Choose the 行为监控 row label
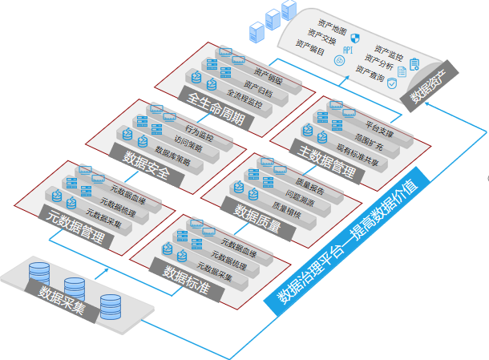coord(199,128)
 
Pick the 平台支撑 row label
coord(378,125)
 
